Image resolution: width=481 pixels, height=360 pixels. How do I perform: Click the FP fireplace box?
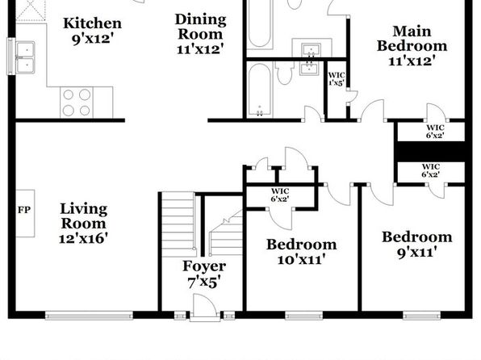25,213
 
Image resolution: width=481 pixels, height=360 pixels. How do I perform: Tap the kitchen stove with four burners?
77,103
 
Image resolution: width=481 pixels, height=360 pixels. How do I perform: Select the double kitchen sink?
26,57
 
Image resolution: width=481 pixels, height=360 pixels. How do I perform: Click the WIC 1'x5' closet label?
337,79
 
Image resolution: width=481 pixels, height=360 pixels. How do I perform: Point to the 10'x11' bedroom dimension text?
301,260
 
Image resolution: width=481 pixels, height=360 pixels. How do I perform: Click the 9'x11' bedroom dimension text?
417,253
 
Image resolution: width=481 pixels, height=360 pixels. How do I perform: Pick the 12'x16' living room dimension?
83,238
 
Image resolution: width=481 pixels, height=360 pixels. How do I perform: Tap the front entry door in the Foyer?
205,308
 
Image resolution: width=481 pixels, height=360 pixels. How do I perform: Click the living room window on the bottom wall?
89,316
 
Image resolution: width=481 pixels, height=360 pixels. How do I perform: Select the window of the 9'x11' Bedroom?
422,316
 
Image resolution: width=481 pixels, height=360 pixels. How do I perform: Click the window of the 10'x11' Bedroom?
304,316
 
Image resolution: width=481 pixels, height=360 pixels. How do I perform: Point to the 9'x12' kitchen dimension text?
92,40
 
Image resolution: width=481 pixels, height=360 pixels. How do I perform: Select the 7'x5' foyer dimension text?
204,283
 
